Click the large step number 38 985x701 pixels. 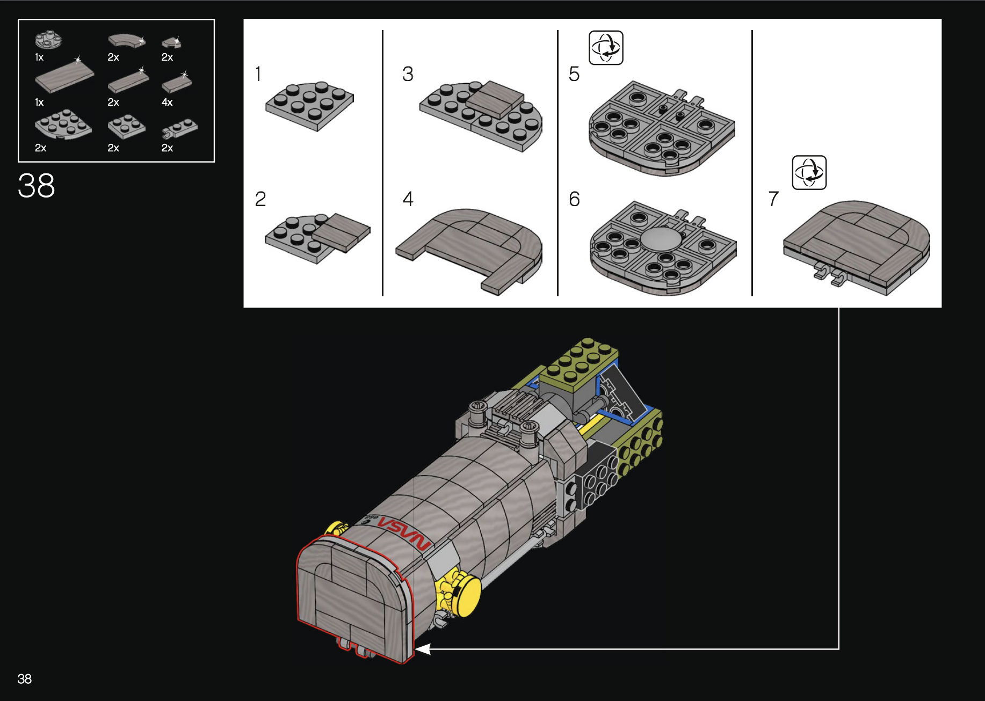(x=37, y=186)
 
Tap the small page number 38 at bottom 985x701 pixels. (x=25, y=679)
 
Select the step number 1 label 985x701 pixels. (x=258, y=74)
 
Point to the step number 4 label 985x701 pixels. (x=408, y=199)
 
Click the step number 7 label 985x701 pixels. (x=773, y=199)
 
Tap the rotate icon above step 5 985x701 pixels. (x=606, y=48)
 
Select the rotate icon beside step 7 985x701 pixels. (x=809, y=173)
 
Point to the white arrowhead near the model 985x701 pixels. (x=423, y=649)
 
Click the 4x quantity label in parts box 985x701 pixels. (x=167, y=102)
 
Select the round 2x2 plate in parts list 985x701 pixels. (x=48, y=40)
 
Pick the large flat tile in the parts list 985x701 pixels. (x=64, y=76)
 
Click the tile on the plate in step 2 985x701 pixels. (x=341, y=231)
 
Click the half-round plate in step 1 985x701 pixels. (x=310, y=106)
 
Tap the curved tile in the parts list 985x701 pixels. (x=127, y=41)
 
